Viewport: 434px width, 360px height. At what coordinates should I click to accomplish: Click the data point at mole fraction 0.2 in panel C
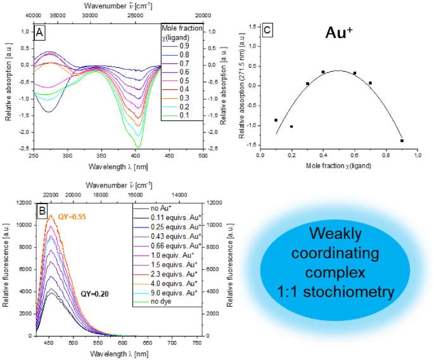291,127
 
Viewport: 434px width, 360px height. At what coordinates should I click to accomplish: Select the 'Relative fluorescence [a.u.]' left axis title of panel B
6,269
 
